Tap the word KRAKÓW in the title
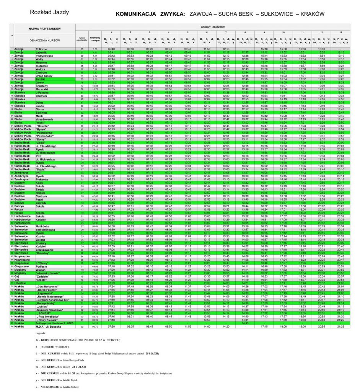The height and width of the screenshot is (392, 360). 312,13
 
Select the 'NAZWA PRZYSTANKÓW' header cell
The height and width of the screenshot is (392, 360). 45,29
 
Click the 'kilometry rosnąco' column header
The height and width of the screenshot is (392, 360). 95,39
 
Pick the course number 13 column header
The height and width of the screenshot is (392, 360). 340,33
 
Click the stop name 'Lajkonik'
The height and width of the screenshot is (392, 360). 41,52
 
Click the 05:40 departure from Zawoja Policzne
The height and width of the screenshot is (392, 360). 111,49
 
